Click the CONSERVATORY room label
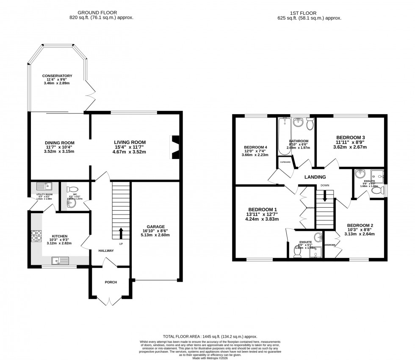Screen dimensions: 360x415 point(60,76)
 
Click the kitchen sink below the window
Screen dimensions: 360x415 point(58,260)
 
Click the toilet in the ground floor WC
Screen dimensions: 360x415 point(72,190)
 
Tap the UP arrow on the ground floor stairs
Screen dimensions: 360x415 point(121,232)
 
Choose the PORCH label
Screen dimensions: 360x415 point(111,282)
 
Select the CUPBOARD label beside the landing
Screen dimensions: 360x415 point(285,162)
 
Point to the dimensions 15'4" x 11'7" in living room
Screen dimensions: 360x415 point(130,147)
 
